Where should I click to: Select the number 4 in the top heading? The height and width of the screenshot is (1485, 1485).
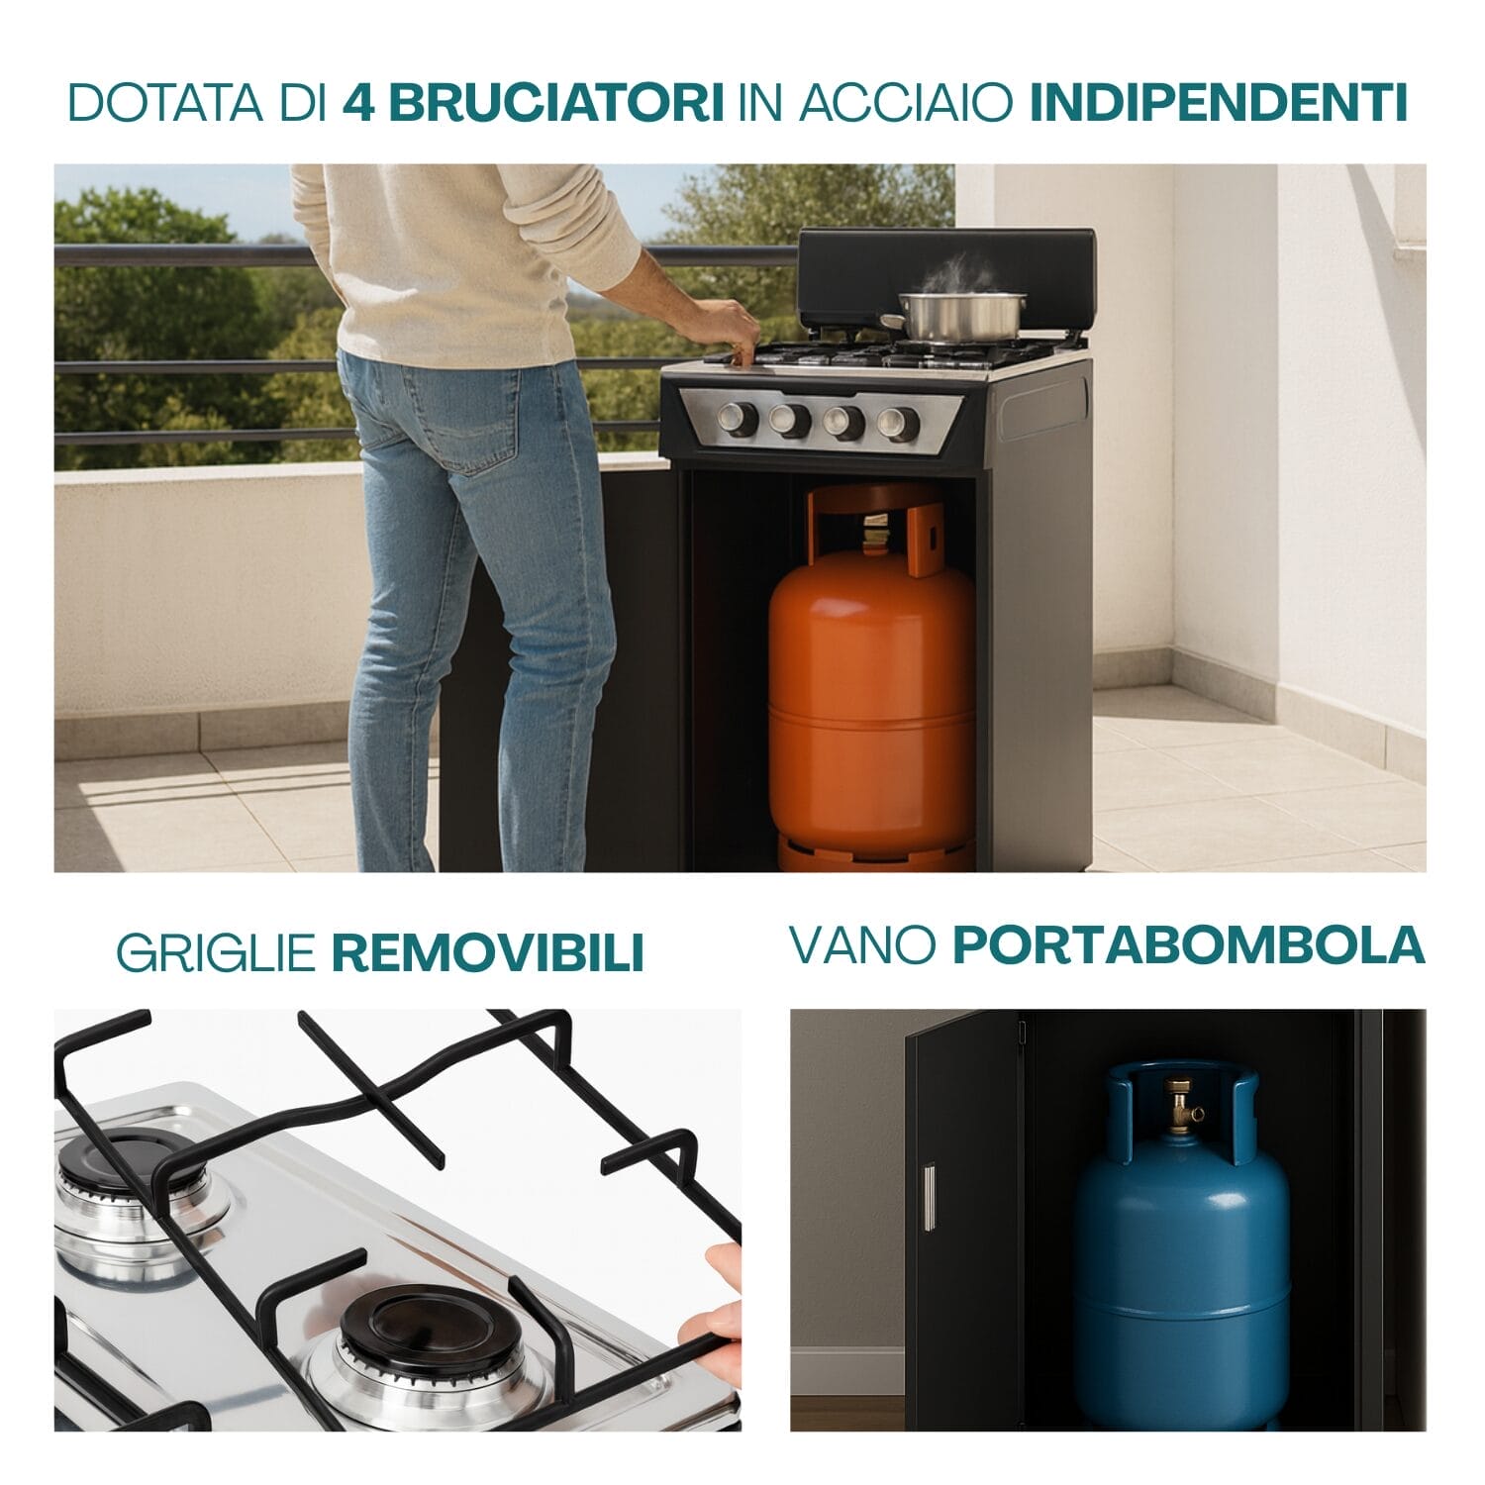(x=358, y=103)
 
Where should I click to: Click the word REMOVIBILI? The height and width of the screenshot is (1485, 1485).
(x=487, y=953)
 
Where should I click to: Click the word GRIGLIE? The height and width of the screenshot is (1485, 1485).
(x=216, y=953)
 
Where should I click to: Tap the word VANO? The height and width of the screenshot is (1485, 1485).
(x=862, y=945)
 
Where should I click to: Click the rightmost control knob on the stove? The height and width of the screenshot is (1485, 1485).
(x=897, y=424)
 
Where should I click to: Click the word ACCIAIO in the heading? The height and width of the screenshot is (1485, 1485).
(x=904, y=103)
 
